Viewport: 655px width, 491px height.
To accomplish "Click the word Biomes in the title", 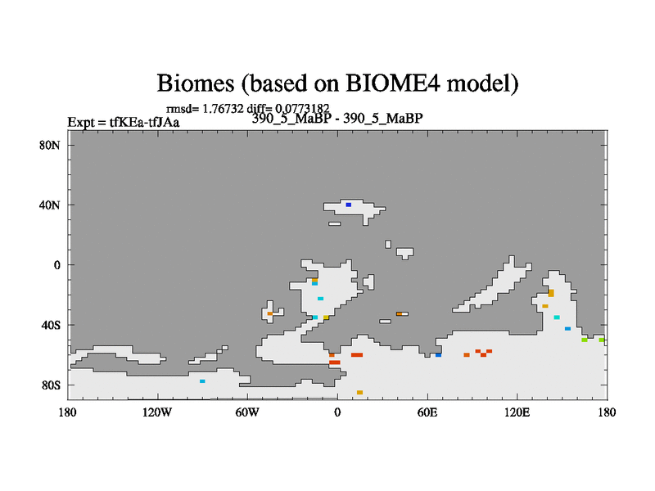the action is tap(195, 83).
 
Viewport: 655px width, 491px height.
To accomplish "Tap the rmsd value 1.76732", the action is tap(223, 109).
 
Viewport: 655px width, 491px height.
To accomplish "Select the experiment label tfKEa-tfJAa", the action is tap(145, 122).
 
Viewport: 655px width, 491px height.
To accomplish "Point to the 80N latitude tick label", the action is tap(50, 146).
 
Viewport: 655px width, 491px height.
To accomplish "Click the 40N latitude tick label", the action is tap(50, 205).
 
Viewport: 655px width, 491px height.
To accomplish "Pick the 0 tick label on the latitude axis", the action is tap(56, 265).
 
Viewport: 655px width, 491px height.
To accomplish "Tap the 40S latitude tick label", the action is tap(51, 325).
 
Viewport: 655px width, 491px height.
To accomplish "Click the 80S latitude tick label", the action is tap(51, 385).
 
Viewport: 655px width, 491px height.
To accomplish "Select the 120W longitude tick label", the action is tap(157, 412).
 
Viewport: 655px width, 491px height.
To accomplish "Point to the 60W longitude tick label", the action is tap(247, 412).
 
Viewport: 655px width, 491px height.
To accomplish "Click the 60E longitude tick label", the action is tap(427, 412).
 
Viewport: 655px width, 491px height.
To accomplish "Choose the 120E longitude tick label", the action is tap(517, 412).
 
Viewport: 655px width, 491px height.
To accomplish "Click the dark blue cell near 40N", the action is tap(349, 205).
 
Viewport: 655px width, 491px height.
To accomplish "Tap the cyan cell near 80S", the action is tap(202, 381).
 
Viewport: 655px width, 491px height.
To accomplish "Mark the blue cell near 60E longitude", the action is tap(438, 355).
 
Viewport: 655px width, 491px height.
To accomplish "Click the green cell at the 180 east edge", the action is tap(602, 340).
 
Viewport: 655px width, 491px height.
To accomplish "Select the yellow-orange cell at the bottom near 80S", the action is tap(359, 393).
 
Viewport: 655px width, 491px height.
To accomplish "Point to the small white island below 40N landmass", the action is tap(335, 223).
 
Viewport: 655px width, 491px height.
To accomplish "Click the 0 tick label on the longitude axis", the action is tap(337, 412).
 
